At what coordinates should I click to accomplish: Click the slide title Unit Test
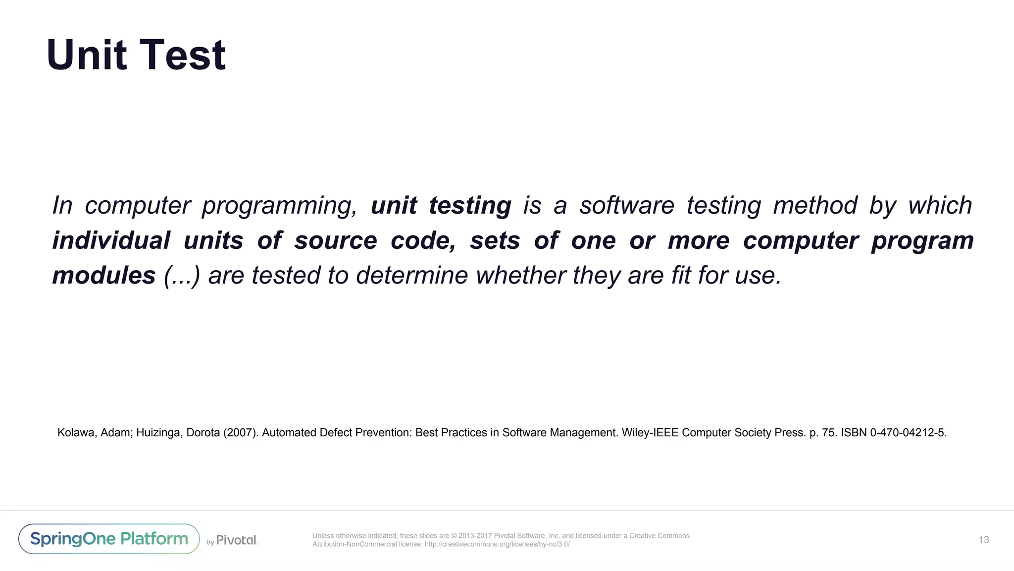coord(136,55)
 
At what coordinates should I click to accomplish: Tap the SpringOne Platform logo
coord(109,539)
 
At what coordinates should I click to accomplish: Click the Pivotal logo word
coord(237,540)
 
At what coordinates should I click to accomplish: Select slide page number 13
coord(983,540)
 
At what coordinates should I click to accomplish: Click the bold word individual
coord(111,240)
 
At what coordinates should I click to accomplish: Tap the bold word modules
coord(104,276)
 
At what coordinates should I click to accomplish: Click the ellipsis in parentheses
coord(182,276)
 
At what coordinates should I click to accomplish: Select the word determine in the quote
coord(412,276)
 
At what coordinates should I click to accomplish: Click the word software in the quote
coord(627,206)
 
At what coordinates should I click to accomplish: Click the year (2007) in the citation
coord(241,433)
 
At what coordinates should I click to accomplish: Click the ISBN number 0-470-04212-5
coord(908,433)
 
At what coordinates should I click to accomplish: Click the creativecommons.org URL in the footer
coord(497,544)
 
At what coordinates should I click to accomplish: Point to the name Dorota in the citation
coord(203,433)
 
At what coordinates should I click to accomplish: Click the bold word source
coord(336,241)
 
